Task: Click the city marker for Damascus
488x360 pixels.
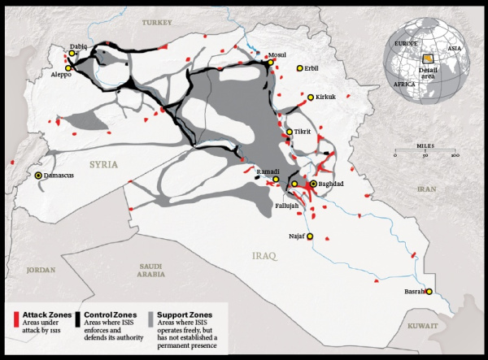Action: (38, 175)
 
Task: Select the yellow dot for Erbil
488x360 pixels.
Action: (300, 68)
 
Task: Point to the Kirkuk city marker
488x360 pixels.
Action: (310, 97)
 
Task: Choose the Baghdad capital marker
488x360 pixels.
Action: (313, 184)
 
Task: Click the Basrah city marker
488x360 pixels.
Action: (429, 292)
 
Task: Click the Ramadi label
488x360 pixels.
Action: (268, 171)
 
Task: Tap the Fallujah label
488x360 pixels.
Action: (285, 206)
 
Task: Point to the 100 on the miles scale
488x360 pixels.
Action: (455, 154)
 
